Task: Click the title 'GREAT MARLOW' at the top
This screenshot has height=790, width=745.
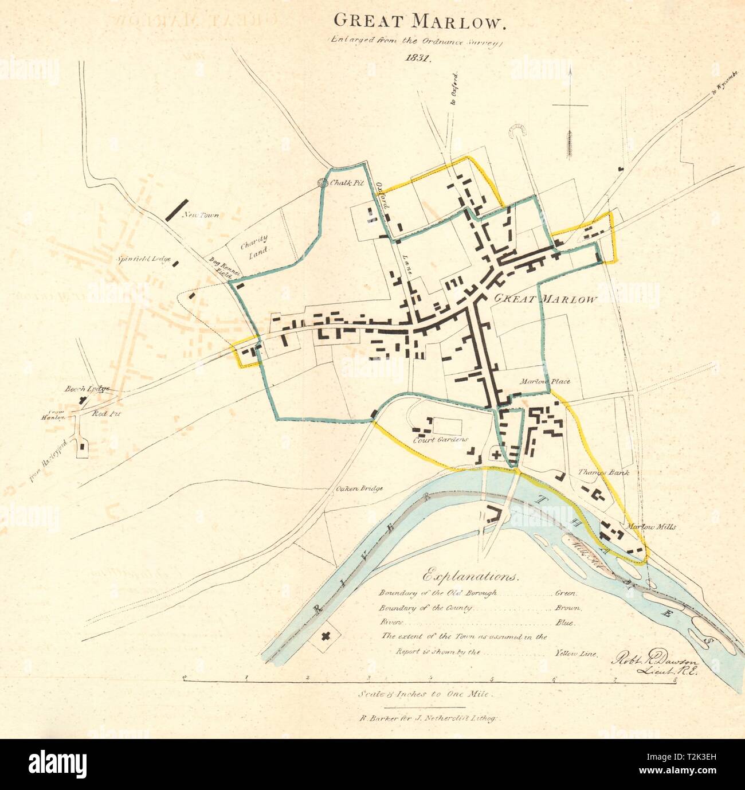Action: point(419,21)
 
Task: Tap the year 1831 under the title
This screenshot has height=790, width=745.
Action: point(419,57)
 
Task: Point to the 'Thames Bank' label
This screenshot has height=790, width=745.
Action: point(603,473)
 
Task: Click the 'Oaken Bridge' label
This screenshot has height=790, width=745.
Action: point(359,489)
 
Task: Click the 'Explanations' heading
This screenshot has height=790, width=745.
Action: point(472,575)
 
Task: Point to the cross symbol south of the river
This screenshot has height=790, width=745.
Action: point(327,635)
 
